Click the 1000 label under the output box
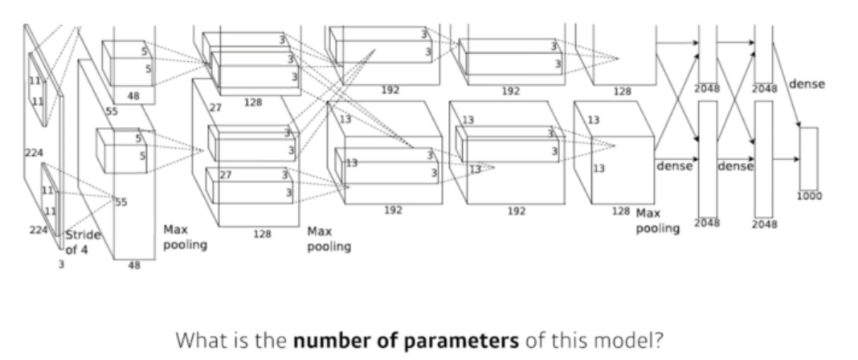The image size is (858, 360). click(809, 195)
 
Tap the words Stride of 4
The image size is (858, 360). click(81, 242)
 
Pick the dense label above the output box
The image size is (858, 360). click(807, 84)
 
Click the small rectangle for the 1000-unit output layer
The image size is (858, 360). click(808, 157)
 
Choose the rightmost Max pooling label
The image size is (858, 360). click(658, 222)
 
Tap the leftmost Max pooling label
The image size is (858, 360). click(185, 237)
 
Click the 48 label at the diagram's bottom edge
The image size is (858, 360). click(134, 267)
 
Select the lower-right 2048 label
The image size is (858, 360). click(764, 224)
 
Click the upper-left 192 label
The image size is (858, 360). click(390, 90)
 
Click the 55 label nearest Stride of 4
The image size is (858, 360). click(121, 202)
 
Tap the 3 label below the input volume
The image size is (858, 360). click(59, 263)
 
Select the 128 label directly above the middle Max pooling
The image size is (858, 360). click(263, 235)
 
